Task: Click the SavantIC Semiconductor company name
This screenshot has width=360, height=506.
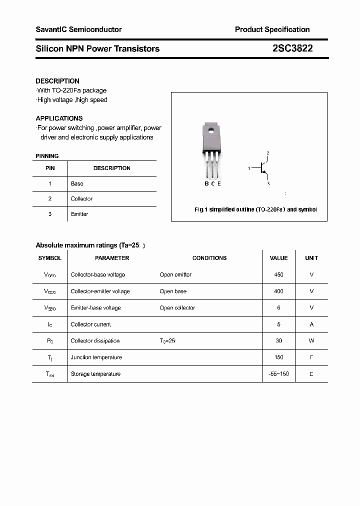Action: point(78,29)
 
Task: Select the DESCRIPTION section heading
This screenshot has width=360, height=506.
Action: point(57,81)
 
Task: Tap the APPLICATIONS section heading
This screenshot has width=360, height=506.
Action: point(59,118)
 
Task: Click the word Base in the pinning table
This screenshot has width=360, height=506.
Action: point(77,183)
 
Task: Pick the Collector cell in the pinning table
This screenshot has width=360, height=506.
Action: point(81,199)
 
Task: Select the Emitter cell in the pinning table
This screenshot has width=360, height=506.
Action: point(79,214)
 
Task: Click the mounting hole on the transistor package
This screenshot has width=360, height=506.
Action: point(211,131)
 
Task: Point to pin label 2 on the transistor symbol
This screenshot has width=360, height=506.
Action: point(268,153)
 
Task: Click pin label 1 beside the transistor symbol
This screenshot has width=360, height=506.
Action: point(249,168)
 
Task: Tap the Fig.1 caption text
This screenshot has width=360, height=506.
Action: point(255,209)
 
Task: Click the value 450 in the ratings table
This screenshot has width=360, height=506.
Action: point(278,274)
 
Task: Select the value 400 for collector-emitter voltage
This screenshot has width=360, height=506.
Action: point(278,291)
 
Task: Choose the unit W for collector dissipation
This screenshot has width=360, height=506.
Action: point(311,340)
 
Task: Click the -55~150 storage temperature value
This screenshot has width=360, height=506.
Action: point(278,374)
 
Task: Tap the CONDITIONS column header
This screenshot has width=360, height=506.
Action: point(209,258)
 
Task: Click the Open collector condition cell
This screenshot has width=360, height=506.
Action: point(177,308)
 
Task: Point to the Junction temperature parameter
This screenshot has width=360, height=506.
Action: point(96,357)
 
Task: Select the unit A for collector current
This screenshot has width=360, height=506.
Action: point(311,324)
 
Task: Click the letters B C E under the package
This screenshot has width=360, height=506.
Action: point(212,183)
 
